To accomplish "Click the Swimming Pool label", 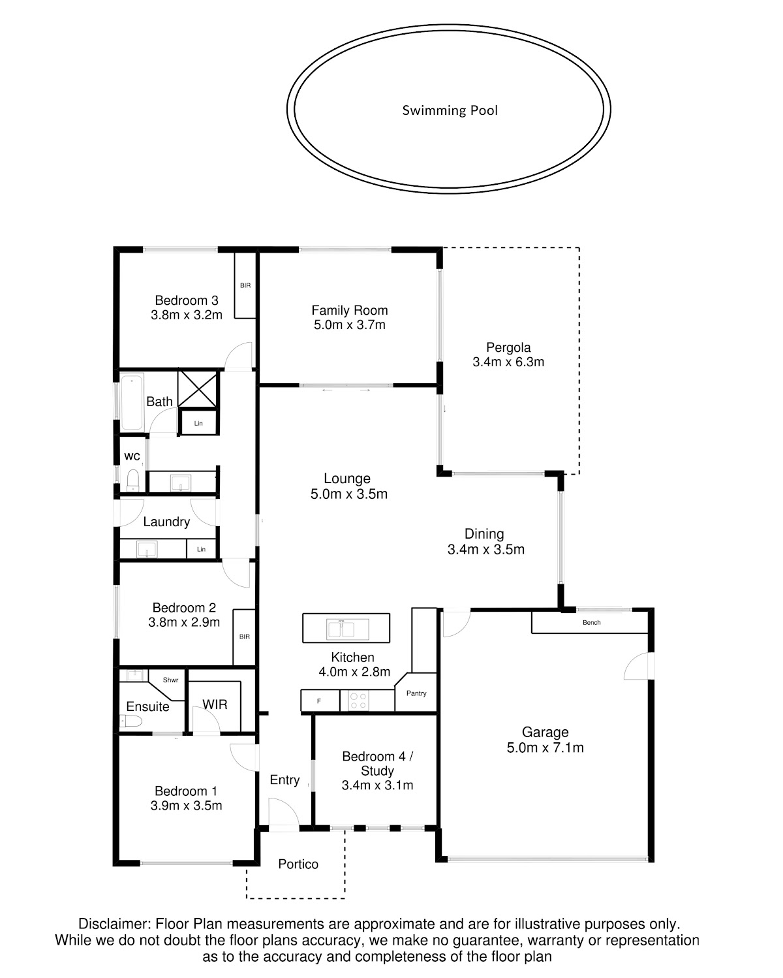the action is click(x=450, y=110).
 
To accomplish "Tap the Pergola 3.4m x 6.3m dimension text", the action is click(x=508, y=362).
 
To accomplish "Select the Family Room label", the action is click(x=349, y=310).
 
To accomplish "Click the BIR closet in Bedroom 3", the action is click(x=245, y=285).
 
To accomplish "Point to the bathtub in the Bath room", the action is click(x=132, y=402).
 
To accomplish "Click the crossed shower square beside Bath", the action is click(x=198, y=388).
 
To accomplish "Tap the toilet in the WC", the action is click(x=132, y=481).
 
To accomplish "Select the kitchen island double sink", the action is click(x=347, y=629).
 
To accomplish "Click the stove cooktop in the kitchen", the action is click(x=358, y=701).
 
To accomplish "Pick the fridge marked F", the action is click(x=320, y=701).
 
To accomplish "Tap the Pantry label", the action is click(x=416, y=693).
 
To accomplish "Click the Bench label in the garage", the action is click(x=591, y=622).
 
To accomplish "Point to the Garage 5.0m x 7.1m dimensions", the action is click(x=545, y=748).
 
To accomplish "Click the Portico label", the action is click(x=298, y=864).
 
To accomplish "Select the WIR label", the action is click(x=215, y=704).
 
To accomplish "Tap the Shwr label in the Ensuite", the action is click(x=170, y=680).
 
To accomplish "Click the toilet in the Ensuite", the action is click(x=130, y=721).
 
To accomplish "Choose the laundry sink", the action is click(x=147, y=549).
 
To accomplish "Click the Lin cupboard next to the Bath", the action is click(x=198, y=423).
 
